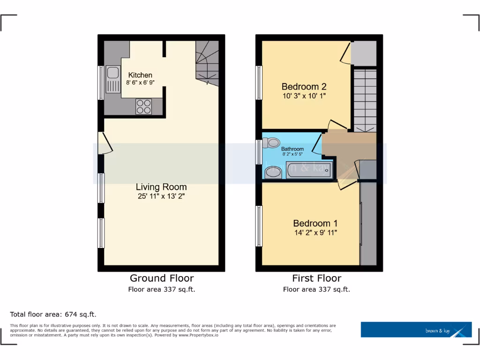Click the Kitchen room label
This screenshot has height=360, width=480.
click(140, 75)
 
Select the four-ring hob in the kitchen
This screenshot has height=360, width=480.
click(143, 107)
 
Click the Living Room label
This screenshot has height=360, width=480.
click(161, 187)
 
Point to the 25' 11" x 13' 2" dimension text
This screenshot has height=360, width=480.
click(161, 197)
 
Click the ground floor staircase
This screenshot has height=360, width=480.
click(206, 63)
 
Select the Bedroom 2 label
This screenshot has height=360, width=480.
click(304, 87)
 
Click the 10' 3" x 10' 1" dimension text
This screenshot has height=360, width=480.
click(304, 96)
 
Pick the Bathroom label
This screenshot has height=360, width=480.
click(292, 149)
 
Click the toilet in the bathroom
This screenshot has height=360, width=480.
click(271, 142)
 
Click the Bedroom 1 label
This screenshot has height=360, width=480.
click(315, 224)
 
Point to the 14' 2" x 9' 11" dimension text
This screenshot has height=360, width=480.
click(315, 232)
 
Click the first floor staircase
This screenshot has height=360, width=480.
click(365, 100)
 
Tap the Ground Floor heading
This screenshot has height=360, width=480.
click(161, 278)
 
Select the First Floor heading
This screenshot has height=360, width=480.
click(316, 278)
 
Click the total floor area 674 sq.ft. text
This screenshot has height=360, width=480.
click(53, 315)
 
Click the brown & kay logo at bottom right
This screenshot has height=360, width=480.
click(416, 330)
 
